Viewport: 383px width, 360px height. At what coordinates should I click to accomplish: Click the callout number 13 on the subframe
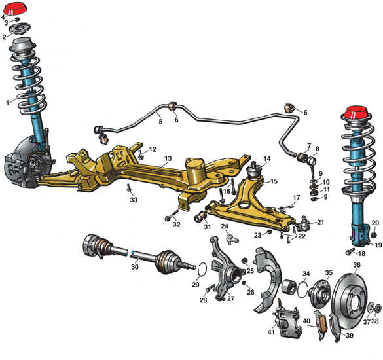pos(168,158)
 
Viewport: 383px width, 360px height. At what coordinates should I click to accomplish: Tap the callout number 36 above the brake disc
pos(357,264)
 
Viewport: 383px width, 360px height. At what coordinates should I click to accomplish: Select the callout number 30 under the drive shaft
pos(135,267)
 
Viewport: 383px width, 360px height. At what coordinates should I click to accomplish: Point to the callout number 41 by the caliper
pos(271,332)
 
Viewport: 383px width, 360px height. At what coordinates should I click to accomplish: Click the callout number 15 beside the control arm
pos(274,181)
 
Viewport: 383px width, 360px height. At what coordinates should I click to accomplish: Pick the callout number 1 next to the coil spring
pos(8,103)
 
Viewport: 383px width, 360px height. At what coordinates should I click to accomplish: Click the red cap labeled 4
pos(16,10)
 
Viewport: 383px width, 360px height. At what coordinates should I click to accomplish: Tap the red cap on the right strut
pos(356,113)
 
